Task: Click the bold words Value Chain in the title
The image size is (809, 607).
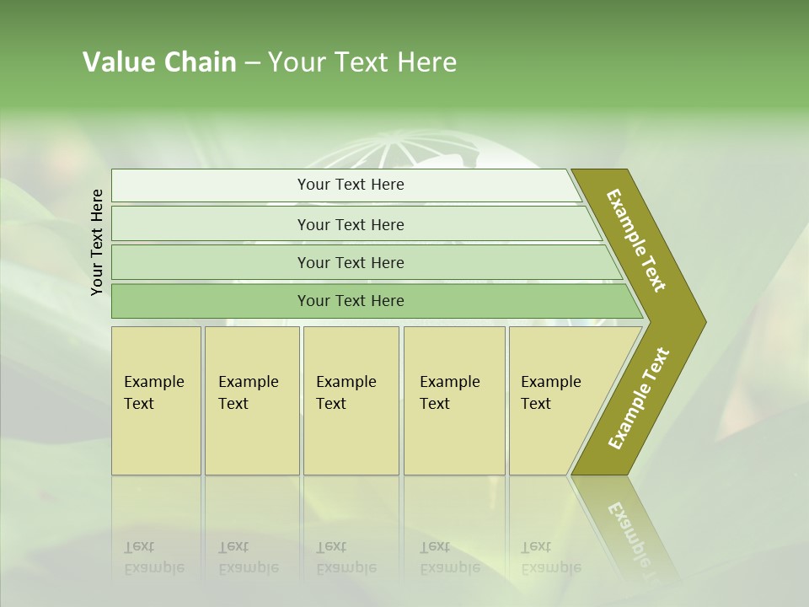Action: point(159,62)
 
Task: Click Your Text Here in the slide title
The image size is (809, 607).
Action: point(362,62)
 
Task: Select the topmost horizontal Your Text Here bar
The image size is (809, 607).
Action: point(350,185)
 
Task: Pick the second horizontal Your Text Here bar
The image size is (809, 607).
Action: point(350,224)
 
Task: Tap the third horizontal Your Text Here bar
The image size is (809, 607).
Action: point(350,262)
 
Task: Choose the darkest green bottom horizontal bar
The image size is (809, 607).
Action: point(350,301)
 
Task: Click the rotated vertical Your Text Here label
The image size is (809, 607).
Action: point(97,242)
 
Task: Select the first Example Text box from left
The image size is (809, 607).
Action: point(156,400)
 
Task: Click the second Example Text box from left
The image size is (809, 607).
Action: point(251,400)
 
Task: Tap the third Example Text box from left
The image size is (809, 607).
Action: point(350,400)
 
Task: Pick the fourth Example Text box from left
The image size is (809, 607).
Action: point(453,400)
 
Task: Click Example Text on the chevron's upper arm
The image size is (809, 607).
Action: point(636,240)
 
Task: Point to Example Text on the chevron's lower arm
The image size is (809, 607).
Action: point(638,399)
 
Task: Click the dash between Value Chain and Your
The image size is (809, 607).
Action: point(251,63)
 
